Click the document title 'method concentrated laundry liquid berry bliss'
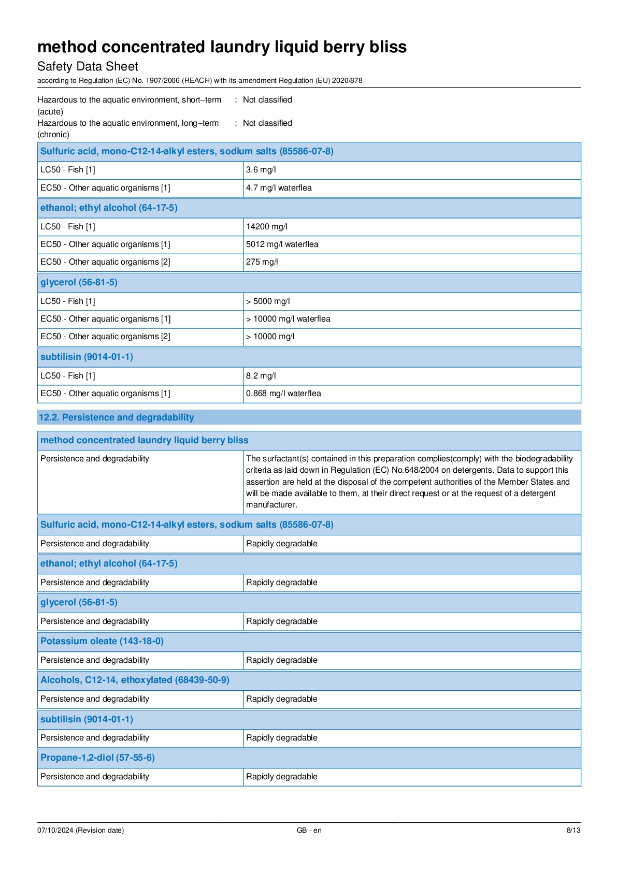click(x=222, y=47)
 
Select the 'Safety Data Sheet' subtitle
click(x=88, y=66)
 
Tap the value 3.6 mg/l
click(x=261, y=170)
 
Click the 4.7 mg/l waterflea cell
click(x=279, y=188)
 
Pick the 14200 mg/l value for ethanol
click(x=266, y=227)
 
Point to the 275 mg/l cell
click(x=262, y=262)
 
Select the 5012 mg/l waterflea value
click(x=282, y=244)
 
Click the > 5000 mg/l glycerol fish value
click(x=268, y=301)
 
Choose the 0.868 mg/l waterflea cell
click(x=283, y=394)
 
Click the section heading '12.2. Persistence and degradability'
click(x=117, y=417)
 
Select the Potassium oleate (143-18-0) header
click(x=102, y=641)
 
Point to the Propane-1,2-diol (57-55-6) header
click(x=97, y=758)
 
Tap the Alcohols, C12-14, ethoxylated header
click(x=135, y=680)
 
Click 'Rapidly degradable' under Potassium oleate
click(x=281, y=660)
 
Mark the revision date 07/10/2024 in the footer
click(x=55, y=830)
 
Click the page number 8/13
click(x=573, y=830)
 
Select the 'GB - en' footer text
click(x=309, y=830)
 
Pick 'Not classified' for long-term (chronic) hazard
click(x=267, y=123)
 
